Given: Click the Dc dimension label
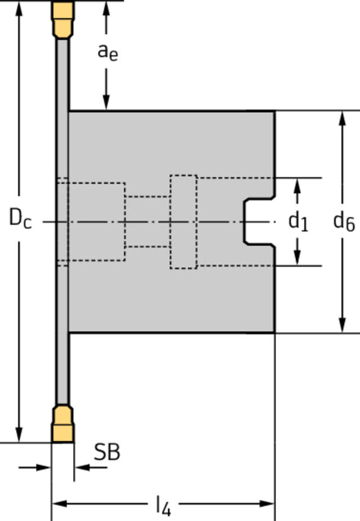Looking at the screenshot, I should click(x=20, y=218).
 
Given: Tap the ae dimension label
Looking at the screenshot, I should click(x=107, y=51).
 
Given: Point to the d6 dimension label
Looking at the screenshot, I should click(x=343, y=222).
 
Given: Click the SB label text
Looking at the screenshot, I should click(x=107, y=452).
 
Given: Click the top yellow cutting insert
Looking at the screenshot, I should click(x=63, y=18).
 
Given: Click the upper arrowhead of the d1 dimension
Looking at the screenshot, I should click(x=298, y=186).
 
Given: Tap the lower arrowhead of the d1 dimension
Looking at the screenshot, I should click(x=298, y=257).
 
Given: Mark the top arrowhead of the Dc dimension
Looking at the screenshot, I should click(x=20, y=9).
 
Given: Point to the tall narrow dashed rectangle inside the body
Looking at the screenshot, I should click(x=183, y=222).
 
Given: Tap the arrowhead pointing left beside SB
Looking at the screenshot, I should click(x=82, y=467).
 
